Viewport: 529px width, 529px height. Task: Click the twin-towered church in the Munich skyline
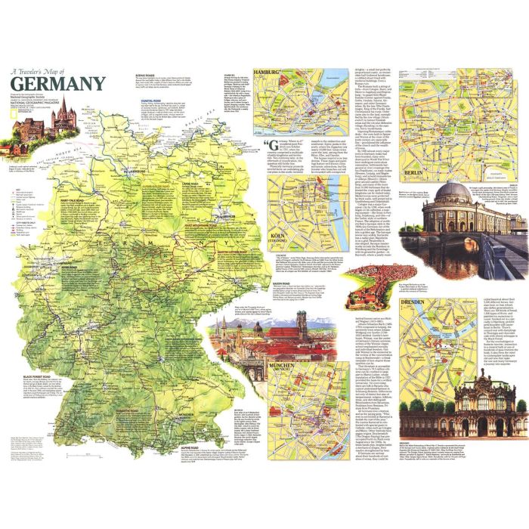click(x=257, y=330)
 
